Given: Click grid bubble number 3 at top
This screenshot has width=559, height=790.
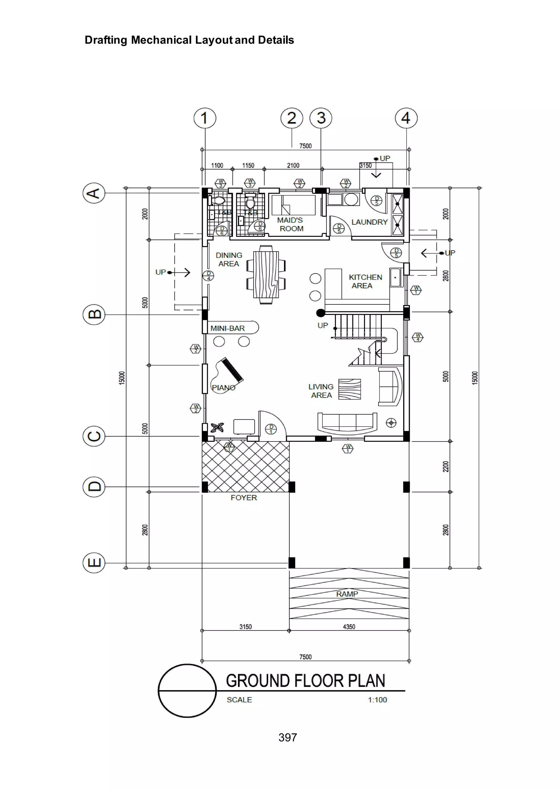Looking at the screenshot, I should point(321,118).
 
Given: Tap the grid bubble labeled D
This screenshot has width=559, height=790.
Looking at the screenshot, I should point(94,487).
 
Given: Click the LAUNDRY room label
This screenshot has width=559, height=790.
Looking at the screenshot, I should point(369,222).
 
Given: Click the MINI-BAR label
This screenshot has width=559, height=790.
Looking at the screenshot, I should point(228,328).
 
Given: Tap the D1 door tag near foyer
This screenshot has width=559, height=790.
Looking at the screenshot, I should point(271,429).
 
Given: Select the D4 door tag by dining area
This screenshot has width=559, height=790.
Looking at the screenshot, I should point(208,276).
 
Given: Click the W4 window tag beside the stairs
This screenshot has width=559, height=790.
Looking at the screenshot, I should point(418,337).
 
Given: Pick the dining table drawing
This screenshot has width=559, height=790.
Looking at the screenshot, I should point(266,275).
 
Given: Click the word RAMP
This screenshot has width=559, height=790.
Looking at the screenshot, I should point(347,594).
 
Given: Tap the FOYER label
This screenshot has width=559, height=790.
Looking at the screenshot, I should point(244,498).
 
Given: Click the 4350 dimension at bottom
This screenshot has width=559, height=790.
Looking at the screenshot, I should point(349,627).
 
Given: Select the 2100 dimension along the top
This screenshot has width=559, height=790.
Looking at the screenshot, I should point(293,166).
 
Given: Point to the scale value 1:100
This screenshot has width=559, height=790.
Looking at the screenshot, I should point(377,700).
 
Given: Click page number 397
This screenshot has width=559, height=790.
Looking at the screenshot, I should point(288,737).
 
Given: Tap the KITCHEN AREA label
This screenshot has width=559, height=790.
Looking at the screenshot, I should point(365,281).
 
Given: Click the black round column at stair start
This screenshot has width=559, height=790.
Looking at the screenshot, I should point(320,313).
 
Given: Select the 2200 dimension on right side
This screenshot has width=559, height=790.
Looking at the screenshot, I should point(446,467).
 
